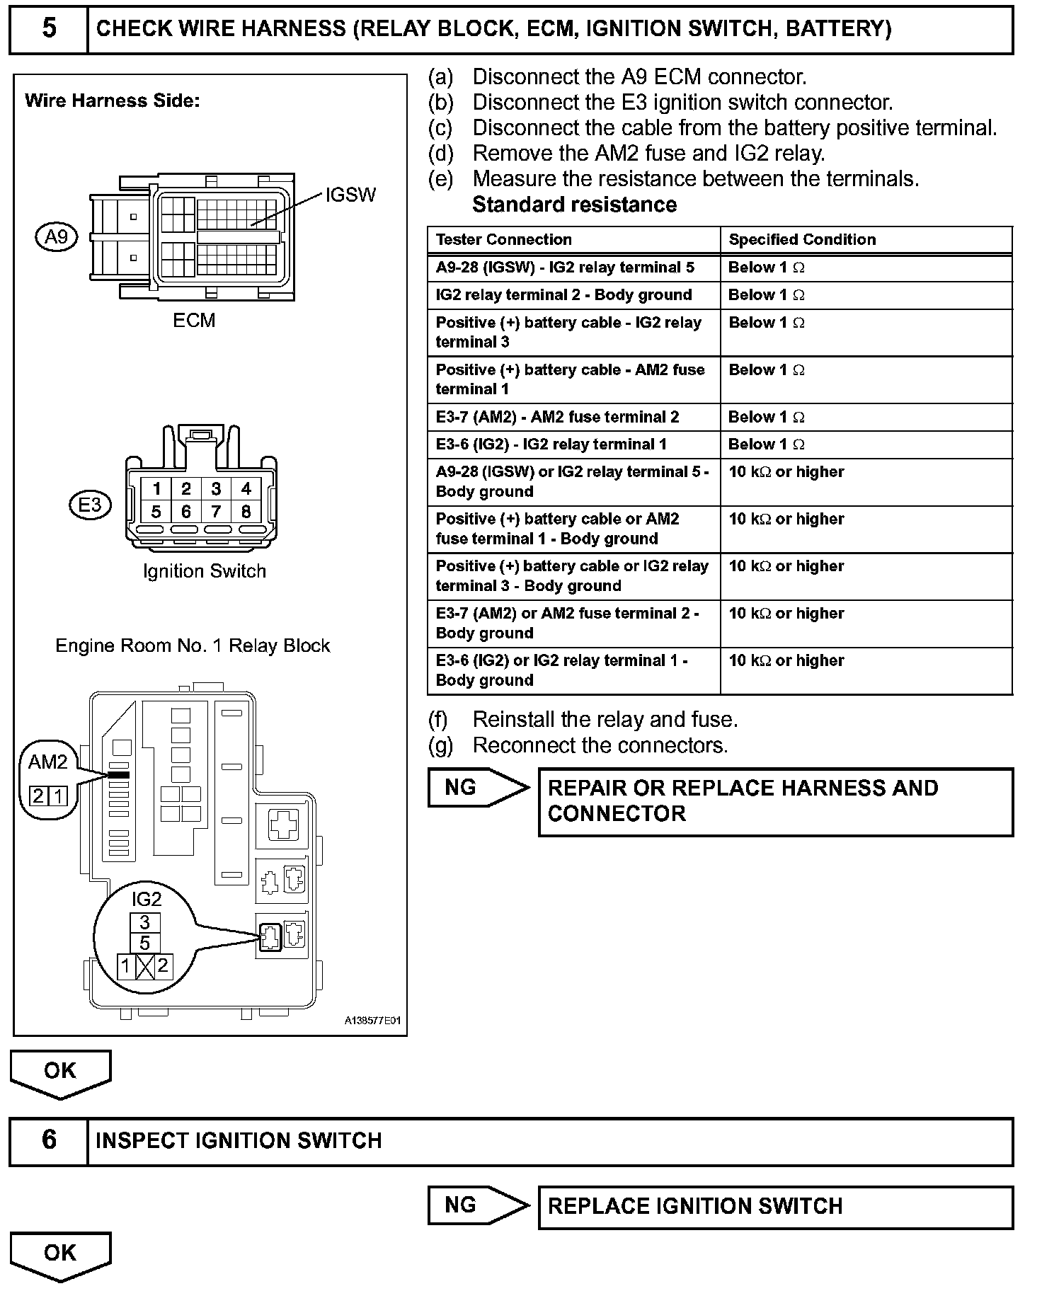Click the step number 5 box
(x=49, y=30)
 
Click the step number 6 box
(x=49, y=1140)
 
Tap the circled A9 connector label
(x=56, y=236)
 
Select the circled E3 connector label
(x=90, y=505)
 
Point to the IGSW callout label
(x=350, y=195)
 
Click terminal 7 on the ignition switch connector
(x=216, y=511)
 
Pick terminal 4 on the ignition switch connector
(x=246, y=488)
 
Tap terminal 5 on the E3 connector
(x=156, y=511)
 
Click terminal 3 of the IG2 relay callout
(x=145, y=922)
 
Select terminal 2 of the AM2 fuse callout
(x=38, y=796)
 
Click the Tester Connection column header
(x=503, y=239)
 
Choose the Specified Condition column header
(x=802, y=239)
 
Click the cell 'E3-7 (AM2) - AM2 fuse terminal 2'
(x=557, y=417)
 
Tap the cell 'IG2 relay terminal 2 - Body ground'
(x=563, y=294)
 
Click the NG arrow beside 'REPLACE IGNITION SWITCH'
(x=479, y=1205)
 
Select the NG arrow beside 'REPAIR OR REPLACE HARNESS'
(x=479, y=787)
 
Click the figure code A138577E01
(x=372, y=1021)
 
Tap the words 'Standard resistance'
(x=574, y=205)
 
